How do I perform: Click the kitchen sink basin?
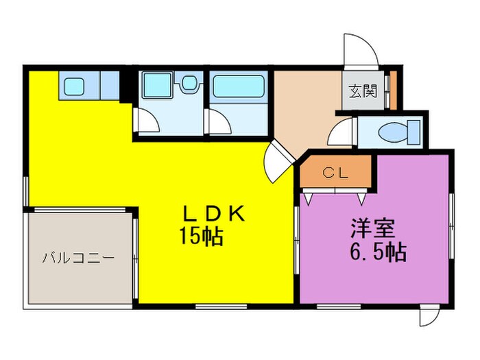coord(75,87)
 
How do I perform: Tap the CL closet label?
coord(336,173)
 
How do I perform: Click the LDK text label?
coord(213,214)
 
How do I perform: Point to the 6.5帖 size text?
coord(376,252)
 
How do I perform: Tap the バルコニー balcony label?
coord(77,259)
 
